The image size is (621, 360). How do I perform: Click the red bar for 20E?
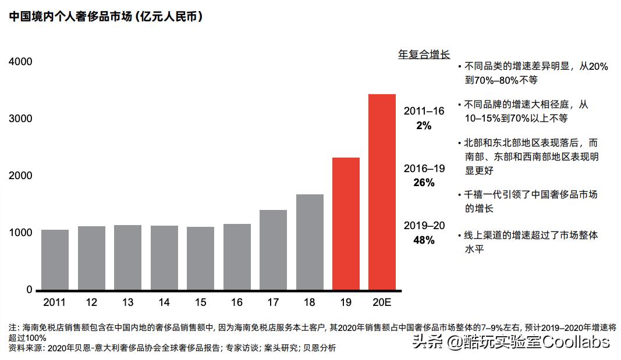[382, 192]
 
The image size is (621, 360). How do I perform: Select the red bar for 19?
[346, 223]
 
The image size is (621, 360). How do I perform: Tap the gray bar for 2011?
[55, 259]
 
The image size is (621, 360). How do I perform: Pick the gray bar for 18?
[310, 242]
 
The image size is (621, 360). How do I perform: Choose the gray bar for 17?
[273, 249]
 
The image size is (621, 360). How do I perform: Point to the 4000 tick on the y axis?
[20, 62]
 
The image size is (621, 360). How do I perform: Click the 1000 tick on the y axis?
[20, 233]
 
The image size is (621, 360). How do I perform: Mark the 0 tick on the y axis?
[29, 290]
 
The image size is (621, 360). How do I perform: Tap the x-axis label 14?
[164, 302]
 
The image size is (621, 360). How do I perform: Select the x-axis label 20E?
[382, 302]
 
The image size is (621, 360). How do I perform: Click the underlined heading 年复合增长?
[424, 55]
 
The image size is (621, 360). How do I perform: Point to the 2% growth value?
[424, 125]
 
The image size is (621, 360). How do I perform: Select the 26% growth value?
[424, 183]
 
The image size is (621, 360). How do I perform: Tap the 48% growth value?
[424, 240]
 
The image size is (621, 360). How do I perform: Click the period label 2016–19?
[424, 169]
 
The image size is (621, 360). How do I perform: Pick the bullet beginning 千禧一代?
[530, 201]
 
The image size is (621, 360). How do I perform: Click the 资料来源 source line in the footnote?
[172, 348]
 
